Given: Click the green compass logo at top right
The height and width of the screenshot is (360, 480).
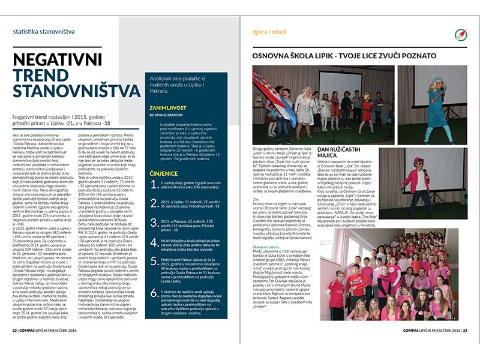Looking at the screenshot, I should click(x=461, y=34).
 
